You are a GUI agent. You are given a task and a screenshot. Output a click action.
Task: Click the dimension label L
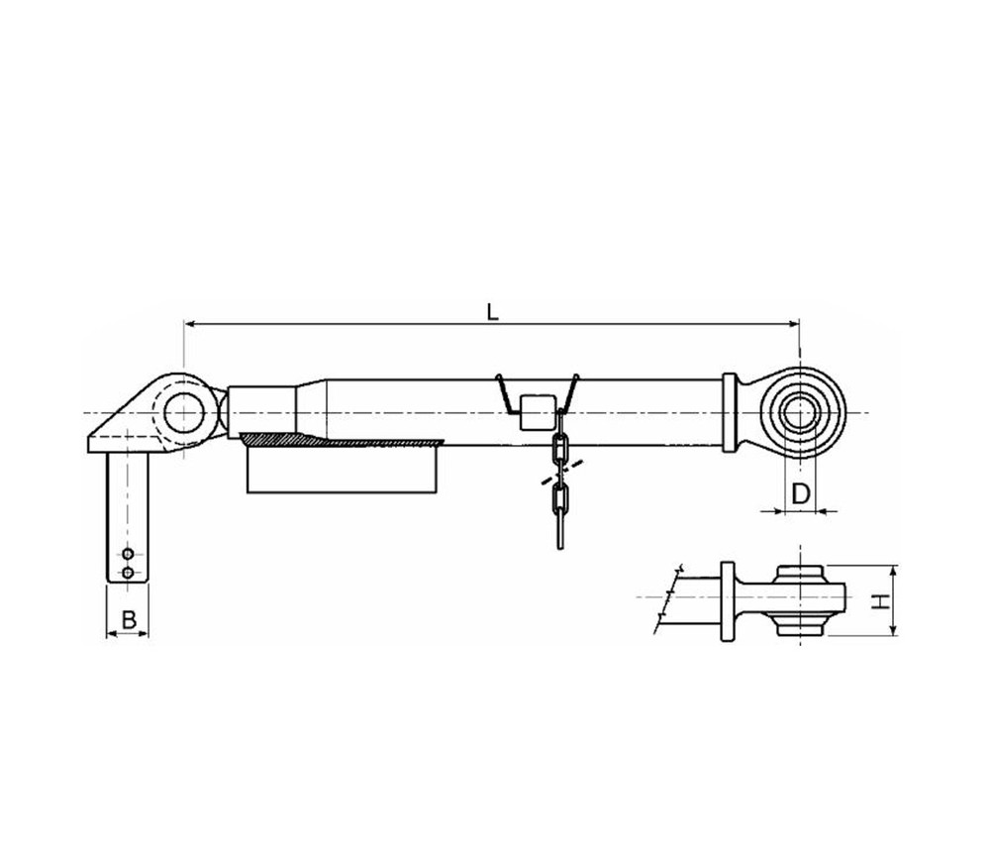(x=492, y=311)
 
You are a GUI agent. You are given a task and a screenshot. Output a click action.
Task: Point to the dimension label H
(x=877, y=600)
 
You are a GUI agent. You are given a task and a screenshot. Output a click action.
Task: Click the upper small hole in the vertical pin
(x=128, y=555)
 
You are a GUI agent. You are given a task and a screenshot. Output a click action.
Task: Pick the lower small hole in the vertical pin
(x=128, y=573)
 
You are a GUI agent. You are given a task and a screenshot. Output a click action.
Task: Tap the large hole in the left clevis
(x=183, y=412)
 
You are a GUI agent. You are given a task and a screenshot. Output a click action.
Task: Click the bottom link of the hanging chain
(x=560, y=530)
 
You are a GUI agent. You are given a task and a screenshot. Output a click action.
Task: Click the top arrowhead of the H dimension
(x=894, y=570)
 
